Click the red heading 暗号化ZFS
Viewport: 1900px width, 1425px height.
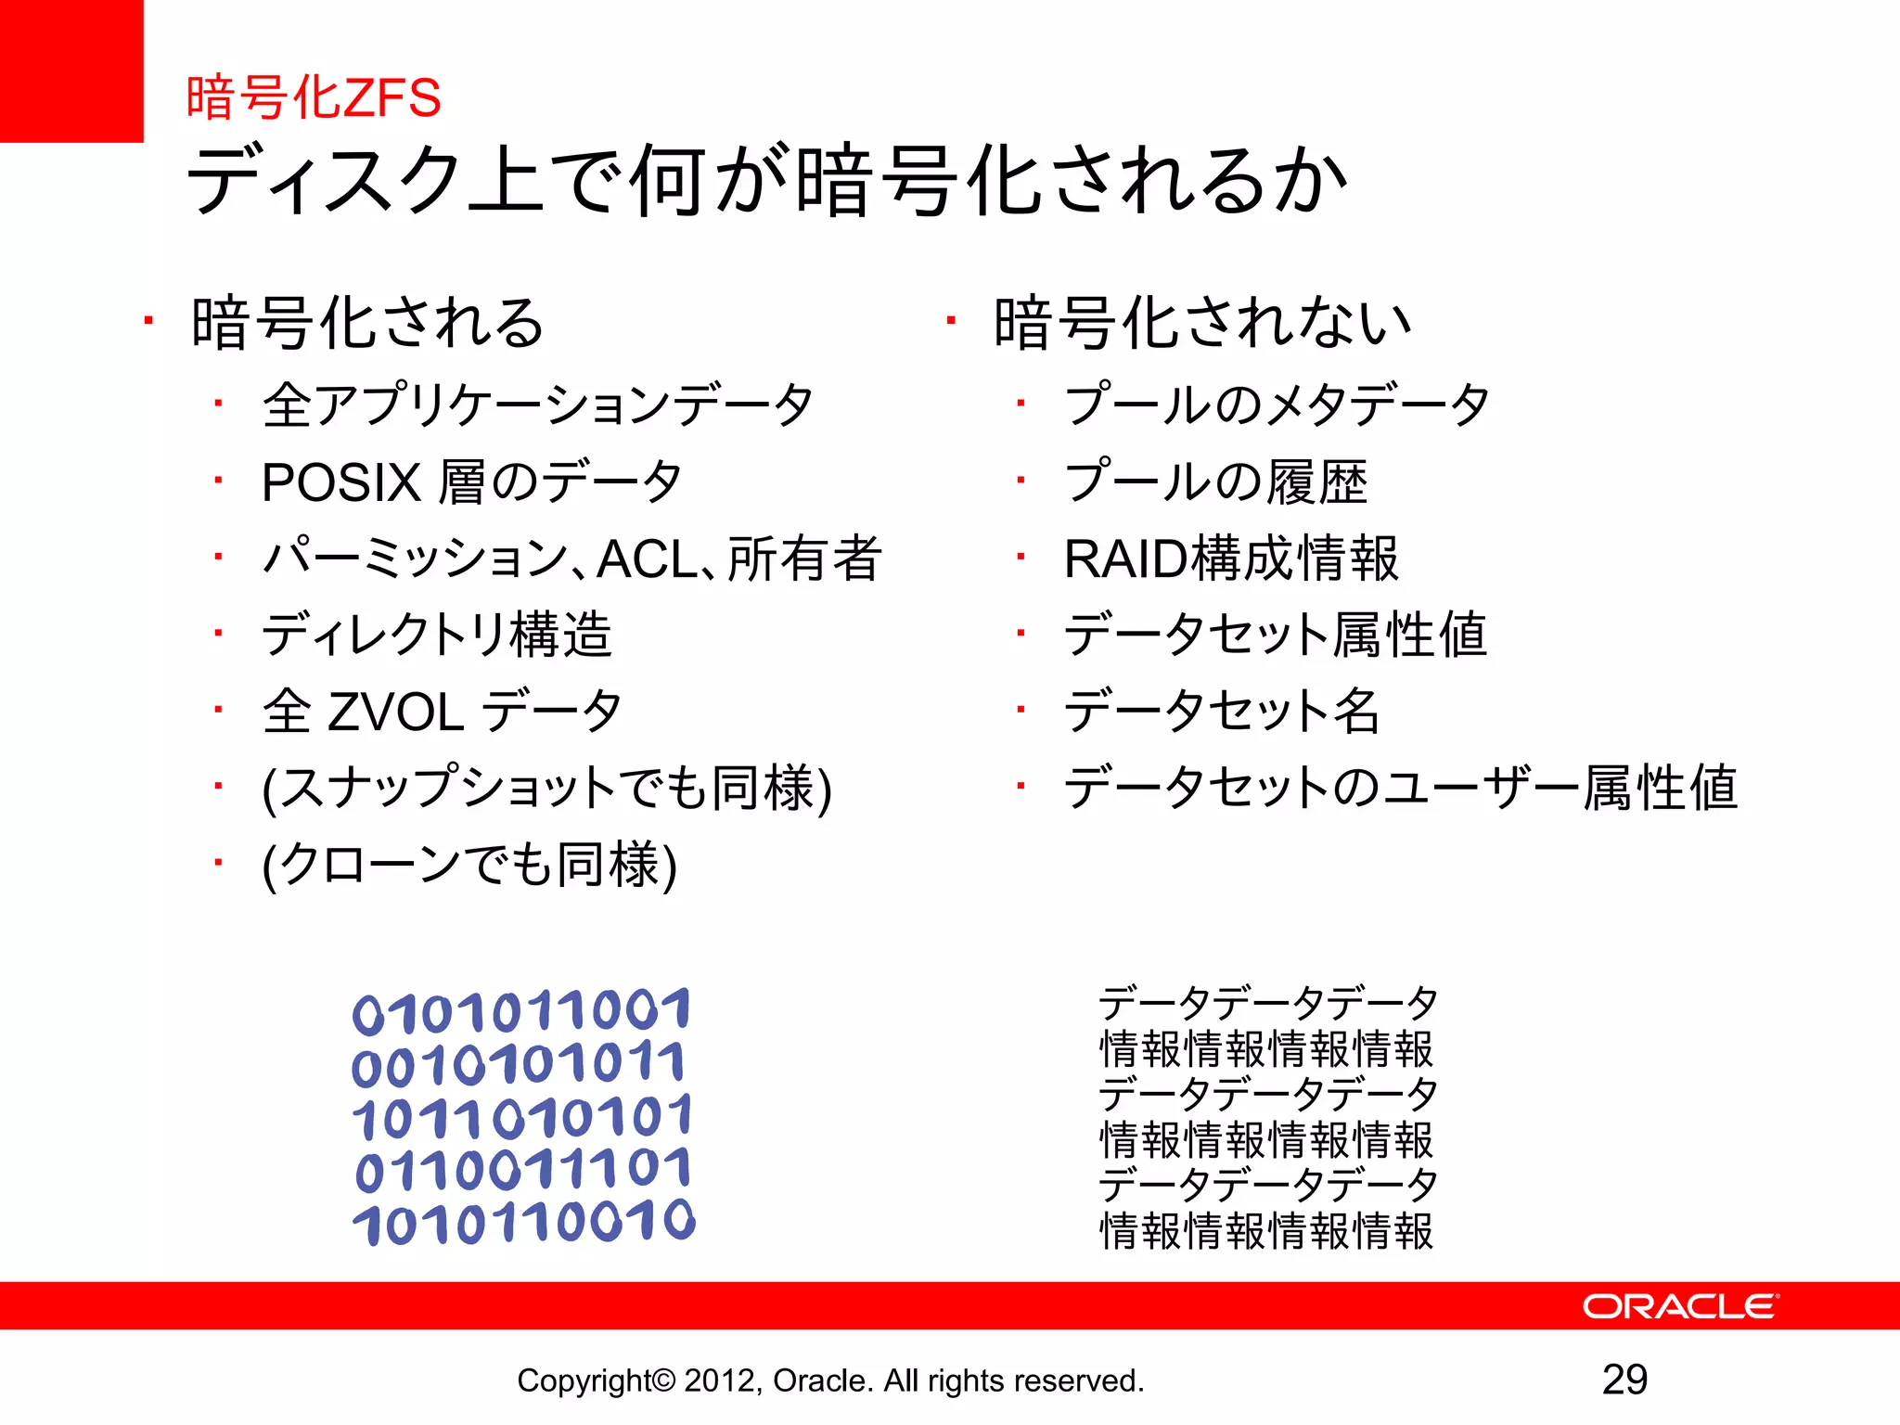coord(314,97)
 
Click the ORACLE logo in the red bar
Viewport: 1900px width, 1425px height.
coord(1679,1306)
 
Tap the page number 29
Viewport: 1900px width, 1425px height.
coord(1624,1380)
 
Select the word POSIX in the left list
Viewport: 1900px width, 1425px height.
coord(341,482)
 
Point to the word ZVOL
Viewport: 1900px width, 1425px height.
coord(396,712)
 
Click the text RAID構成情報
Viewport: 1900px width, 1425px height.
coord(1231,558)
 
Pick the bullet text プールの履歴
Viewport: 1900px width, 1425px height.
coord(1215,482)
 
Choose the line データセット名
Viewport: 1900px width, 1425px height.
coord(1222,712)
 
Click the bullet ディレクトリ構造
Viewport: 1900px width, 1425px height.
coord(437,635)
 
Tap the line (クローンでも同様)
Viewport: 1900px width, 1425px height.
coord(469,865)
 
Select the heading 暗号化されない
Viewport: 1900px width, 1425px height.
coord(1202,323)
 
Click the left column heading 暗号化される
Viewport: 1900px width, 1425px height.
coord(367,323)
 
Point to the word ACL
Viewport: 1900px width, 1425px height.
coord(648,559)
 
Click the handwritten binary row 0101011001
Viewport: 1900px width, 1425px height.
coord(521,1011)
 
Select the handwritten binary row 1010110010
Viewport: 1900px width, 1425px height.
coord(524,1223)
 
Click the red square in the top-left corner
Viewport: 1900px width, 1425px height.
coord(71,71)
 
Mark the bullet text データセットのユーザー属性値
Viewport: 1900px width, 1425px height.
coord(1401,789)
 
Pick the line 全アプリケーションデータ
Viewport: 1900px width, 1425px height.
coord(538,405)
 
